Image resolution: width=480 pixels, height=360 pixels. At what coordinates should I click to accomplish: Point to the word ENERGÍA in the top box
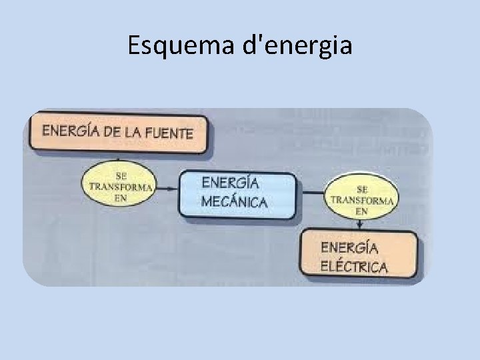70,130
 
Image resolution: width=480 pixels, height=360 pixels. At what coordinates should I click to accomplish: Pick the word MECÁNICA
234,202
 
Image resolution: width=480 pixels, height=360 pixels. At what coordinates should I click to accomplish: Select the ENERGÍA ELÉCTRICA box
360,255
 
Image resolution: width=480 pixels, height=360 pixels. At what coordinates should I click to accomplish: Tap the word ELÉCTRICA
355,268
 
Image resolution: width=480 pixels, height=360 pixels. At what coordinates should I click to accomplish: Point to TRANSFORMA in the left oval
121,188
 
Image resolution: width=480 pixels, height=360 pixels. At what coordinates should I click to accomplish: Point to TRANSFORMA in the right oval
362,200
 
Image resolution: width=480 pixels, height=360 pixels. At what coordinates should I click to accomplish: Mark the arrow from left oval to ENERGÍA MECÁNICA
167,189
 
